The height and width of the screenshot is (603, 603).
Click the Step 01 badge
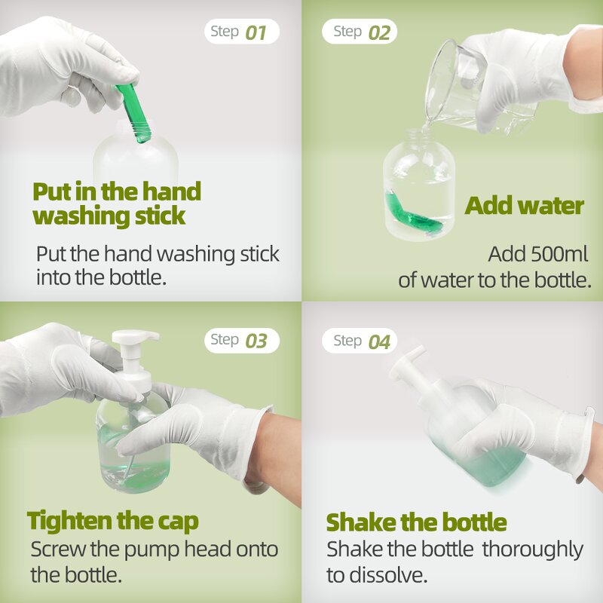point(241,32)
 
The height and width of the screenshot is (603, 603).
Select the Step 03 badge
point(241,340)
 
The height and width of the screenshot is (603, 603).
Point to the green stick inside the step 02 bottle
point(412,215)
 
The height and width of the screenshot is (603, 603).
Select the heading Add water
point(524,206)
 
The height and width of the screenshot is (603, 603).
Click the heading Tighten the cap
point(113,520)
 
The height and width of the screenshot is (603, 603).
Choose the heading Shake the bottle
point(416,522)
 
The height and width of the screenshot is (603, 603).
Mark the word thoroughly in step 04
point(532,549)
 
